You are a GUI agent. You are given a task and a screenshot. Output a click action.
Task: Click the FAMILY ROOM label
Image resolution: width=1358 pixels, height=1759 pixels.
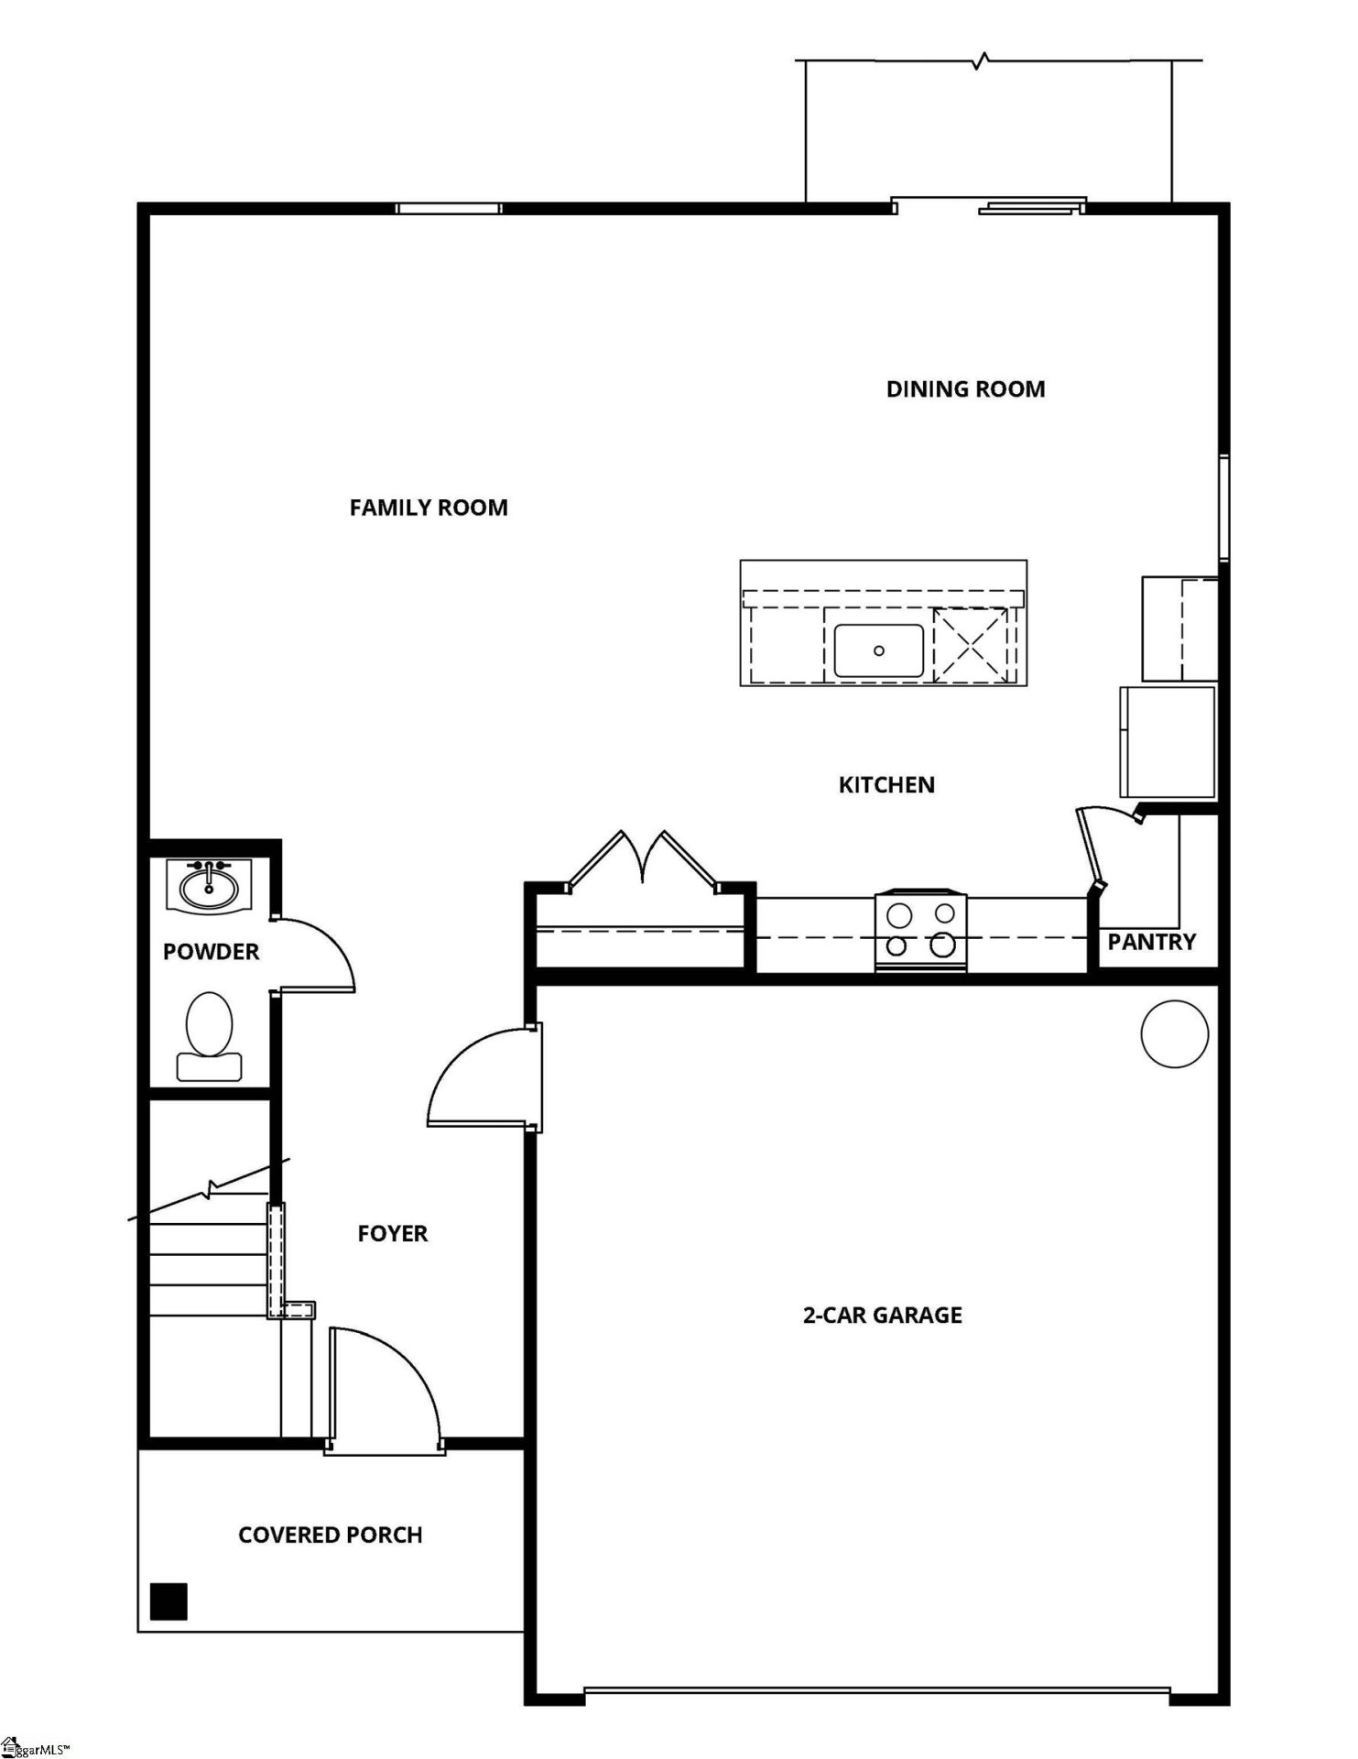(x=429, y=508)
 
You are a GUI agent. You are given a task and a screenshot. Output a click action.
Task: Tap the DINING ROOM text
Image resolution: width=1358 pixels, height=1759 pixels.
(x=965, y=389)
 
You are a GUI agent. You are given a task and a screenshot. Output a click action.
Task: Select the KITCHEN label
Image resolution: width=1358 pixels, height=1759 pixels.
(x=886, y=785)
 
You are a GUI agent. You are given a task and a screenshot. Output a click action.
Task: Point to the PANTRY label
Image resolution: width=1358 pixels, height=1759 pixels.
(x=1151, y=942)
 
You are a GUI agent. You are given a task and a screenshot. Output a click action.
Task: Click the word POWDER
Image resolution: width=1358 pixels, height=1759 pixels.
(x=211, y=952)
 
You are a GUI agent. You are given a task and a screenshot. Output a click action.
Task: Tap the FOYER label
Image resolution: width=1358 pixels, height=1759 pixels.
(x=392, y=1233)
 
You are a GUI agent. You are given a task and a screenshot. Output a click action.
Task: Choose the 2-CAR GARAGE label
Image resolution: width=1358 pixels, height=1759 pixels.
(x=882, y=1316)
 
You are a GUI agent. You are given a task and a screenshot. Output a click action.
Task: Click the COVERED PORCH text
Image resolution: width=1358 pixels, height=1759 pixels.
(x=330, y=1535)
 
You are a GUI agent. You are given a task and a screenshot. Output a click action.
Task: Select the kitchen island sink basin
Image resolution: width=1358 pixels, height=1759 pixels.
(x=878, y=650)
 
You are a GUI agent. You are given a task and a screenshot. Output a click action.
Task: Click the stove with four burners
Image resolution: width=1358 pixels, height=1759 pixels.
(x=920, y=930)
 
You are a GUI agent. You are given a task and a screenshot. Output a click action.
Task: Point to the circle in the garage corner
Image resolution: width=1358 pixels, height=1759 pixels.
(x=1174, y=1033)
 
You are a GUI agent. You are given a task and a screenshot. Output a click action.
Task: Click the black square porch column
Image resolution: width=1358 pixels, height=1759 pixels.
(x=168, y=1601)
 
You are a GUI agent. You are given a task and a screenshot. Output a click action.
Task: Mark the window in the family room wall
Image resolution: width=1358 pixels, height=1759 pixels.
(x=449, y=208)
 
